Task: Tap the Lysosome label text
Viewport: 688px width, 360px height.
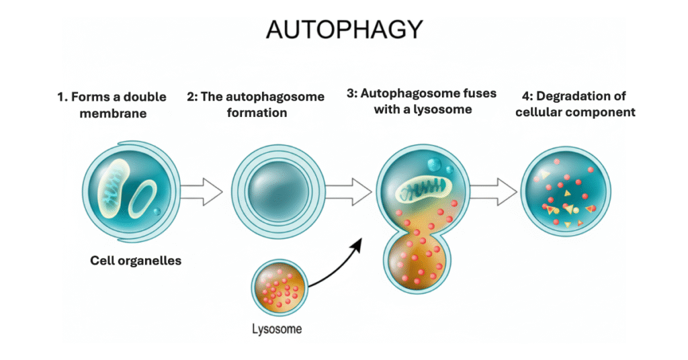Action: tap(277, 329)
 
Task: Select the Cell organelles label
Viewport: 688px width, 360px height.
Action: tap(136, 261)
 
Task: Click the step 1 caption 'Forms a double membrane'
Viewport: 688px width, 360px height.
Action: tap(112, 105)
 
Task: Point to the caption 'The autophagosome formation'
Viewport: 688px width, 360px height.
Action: tap(255, 105)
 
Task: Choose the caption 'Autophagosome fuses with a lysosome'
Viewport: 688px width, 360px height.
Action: tap(421, 101)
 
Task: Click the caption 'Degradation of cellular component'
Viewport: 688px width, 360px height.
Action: tap(575, 104)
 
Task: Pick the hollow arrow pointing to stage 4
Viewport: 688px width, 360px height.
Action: tap(492, 193)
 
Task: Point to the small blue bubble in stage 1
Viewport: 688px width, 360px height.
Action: tap(157, 212)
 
